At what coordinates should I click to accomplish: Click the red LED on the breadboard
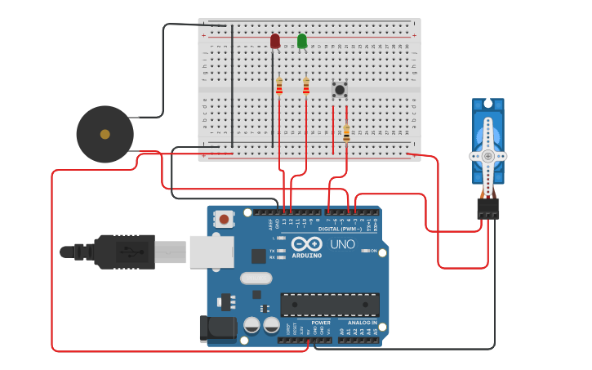[x=275, y=41]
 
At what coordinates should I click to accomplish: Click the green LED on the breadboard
[x=302, y=41]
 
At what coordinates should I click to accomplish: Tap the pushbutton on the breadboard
[x=340, y=88]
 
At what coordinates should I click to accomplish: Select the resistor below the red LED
[x=279, y=87]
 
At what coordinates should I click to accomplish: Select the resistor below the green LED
[x=306, y=86]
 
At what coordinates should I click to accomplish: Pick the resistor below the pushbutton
[x=346, y=132]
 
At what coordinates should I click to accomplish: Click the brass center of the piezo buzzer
[x=105, y=134]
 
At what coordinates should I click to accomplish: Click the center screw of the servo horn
[x=487, y=155]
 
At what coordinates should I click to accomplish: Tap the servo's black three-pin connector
[x=487, y=208]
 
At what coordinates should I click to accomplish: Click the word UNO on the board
[x=342, y=244]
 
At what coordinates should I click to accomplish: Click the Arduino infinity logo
[x=306, y=243]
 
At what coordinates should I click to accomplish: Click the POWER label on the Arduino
[x=321, y=323]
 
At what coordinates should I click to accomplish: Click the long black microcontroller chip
[x=330, y=305]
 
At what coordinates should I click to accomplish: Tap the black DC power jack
[x=217, y=328]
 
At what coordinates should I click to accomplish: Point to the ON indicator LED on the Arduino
[x=364, y=251]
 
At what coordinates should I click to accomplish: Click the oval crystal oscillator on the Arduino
[x=256, y=278]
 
